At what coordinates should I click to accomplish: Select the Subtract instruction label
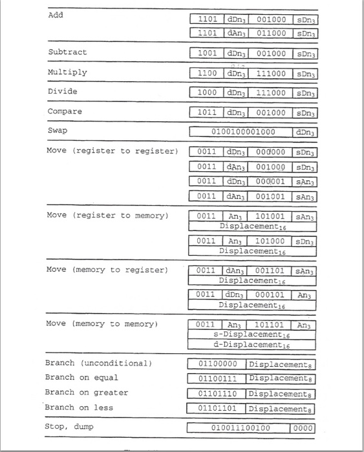coord(67,52)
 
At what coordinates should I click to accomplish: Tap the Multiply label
coord(67,72)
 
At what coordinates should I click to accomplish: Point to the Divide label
coord(62,91)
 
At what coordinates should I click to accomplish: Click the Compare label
coord(65,112)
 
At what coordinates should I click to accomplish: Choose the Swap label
coord(58,131)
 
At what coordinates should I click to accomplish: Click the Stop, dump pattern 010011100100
coord(241,427)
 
